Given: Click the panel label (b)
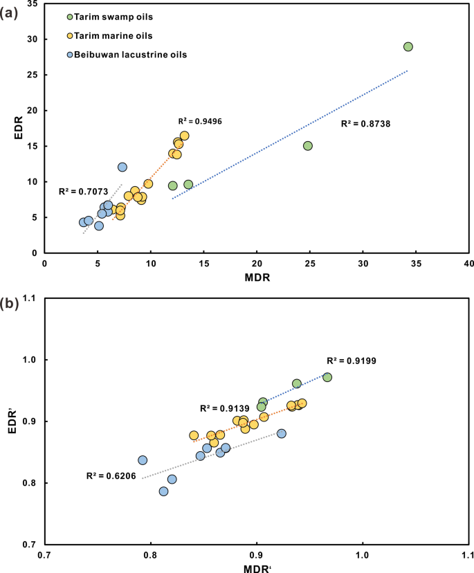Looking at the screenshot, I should [x=10, y=302].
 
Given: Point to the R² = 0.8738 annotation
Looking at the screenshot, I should [x=366, y=123].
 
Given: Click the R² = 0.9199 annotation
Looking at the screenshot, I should [x=351, y=361].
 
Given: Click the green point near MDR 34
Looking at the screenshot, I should [x=408, y=46].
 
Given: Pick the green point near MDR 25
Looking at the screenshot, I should [x=308, y=145].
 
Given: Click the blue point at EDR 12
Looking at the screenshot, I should [x=122, y=167].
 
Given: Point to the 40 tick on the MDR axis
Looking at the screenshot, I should [x=468, y=264].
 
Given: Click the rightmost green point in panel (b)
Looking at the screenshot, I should [x=327, y=377].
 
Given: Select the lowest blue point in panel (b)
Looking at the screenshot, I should [x=164, y=491].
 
